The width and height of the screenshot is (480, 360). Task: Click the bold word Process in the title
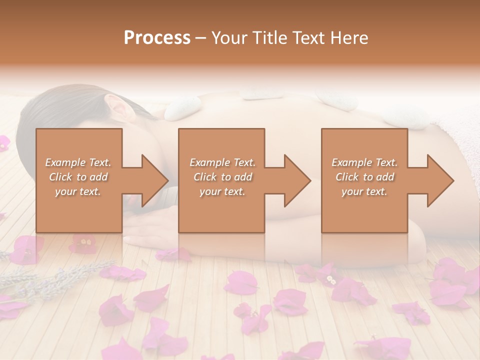[157, 37]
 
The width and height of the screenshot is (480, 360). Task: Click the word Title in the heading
[267, 37]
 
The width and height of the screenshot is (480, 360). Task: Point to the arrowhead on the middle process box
[296, 180]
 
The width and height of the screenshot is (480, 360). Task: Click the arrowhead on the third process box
[439, 180]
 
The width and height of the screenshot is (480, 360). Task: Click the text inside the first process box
[78, 177]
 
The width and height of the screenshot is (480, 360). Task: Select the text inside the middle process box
[222, 177]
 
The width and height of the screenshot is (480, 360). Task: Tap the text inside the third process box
[364, 177]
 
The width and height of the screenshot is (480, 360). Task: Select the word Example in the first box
[65, 162]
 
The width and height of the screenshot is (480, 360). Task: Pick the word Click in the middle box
[204, 177]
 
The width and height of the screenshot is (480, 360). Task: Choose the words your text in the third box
[364, 191]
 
